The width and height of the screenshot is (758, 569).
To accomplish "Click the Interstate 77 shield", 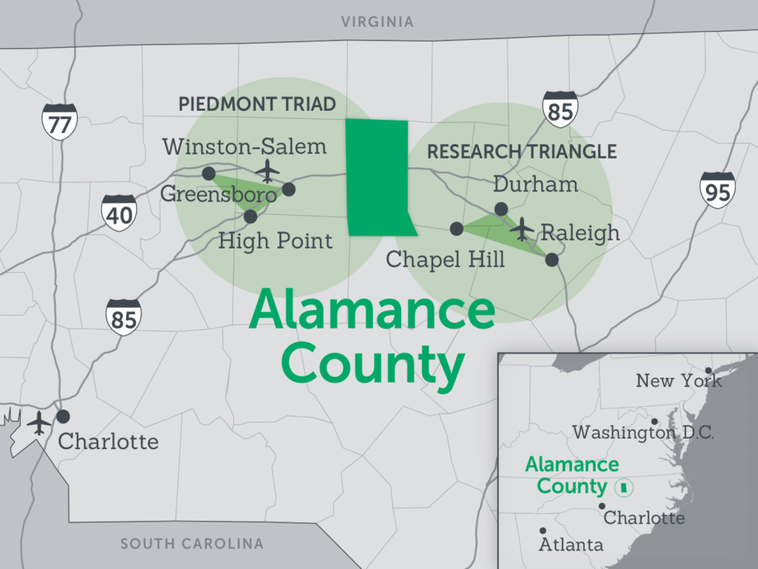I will click(x=59, y=121).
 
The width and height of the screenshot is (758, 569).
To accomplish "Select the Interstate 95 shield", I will click(x=717, y=189).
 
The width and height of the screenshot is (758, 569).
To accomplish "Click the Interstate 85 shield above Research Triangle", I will click(x=560, y=110).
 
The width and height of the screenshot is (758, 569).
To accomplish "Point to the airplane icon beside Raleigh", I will click(x=523, y=229).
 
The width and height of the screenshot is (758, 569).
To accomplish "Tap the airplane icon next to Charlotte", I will click(x=38, y=423).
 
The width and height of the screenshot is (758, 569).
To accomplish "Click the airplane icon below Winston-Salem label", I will click(x=267, y=171).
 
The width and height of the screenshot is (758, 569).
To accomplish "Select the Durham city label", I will click(x=535, y=184).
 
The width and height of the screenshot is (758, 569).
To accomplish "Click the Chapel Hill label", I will click(x=446, y=259).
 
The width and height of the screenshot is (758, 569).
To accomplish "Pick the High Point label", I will click(x=276, y=240).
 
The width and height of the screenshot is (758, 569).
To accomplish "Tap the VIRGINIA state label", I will click(x=378, y=22).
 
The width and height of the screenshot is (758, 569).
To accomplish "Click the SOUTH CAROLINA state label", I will click(x=192, y=544).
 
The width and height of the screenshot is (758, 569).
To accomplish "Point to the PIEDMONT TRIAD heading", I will click(x=257, y=104).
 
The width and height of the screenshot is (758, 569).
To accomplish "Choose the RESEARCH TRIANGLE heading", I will click(x=522, y=152).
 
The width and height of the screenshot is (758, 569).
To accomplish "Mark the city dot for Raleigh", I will click(x=551, y=259).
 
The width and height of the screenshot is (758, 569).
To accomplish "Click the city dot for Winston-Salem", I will click(x=209, y=173).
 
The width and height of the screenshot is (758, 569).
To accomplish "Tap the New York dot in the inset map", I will click(x=708, y=371).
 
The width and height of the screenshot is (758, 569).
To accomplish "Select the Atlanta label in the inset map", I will click(x=571, y=545).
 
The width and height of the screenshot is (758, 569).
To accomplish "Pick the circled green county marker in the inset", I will click(x=624, y=487).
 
